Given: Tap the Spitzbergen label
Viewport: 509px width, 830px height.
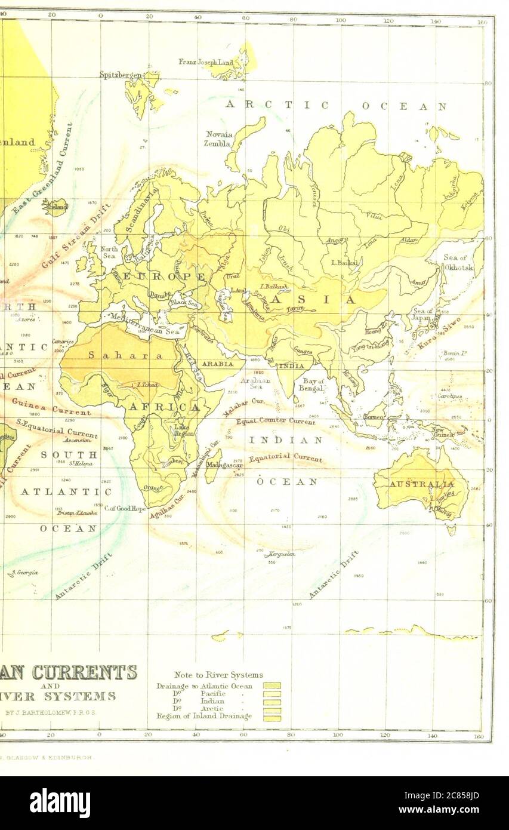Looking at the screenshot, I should point(121,75).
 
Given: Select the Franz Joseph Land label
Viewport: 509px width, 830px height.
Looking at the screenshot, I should point(206,62).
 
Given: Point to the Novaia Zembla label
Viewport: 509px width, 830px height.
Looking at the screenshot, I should point(219,139).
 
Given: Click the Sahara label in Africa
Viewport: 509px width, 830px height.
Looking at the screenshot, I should point(125,355).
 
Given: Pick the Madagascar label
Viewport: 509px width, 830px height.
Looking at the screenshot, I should point(224,465).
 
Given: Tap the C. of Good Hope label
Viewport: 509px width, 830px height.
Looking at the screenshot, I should point(125,509).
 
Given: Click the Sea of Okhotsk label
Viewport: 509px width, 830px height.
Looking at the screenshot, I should point(458,262).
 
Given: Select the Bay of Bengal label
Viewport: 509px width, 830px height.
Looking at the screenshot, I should point(313,385).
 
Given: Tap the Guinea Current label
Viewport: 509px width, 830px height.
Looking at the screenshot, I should point(51,407).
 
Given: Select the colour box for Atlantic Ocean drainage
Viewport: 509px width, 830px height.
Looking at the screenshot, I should point(272,686).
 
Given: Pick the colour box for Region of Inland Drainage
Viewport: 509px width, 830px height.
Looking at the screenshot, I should point(272,718).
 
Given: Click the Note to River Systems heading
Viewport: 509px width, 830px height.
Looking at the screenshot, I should point(218,675).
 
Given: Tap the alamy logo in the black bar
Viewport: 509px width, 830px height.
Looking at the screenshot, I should point(60,803).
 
